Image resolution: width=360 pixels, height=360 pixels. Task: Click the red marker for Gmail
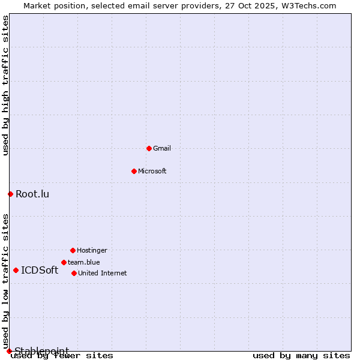[149, 148]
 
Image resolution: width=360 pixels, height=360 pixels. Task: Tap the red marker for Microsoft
[134, 171]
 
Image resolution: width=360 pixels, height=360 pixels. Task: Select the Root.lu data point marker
[10, 194]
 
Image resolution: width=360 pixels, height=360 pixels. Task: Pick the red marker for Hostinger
[73, 250]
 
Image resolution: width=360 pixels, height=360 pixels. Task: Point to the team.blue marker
[64, 262]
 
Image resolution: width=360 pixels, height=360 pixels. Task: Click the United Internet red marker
[74, 273]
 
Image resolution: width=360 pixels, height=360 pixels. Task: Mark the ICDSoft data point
[16, 270]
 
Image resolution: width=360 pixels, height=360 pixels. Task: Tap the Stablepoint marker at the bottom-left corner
[9, 351]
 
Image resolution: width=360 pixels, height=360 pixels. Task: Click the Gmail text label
[162, 148]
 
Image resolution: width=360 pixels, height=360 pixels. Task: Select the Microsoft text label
[152, 171]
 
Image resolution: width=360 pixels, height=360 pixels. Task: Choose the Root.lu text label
[32, 194]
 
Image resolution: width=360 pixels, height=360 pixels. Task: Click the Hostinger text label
[92, 250]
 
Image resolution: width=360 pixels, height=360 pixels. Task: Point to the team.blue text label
[84, 262]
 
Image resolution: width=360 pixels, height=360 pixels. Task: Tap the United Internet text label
[103, 273]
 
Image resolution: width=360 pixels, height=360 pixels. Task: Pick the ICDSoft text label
[40, 270]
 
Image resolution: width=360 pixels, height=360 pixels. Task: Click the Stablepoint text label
[42, 350]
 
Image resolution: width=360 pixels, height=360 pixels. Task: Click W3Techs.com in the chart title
[308, 5]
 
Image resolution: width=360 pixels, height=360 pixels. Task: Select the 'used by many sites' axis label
[301, 356]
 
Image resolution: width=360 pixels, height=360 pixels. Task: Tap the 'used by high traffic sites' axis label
[5, 85]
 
